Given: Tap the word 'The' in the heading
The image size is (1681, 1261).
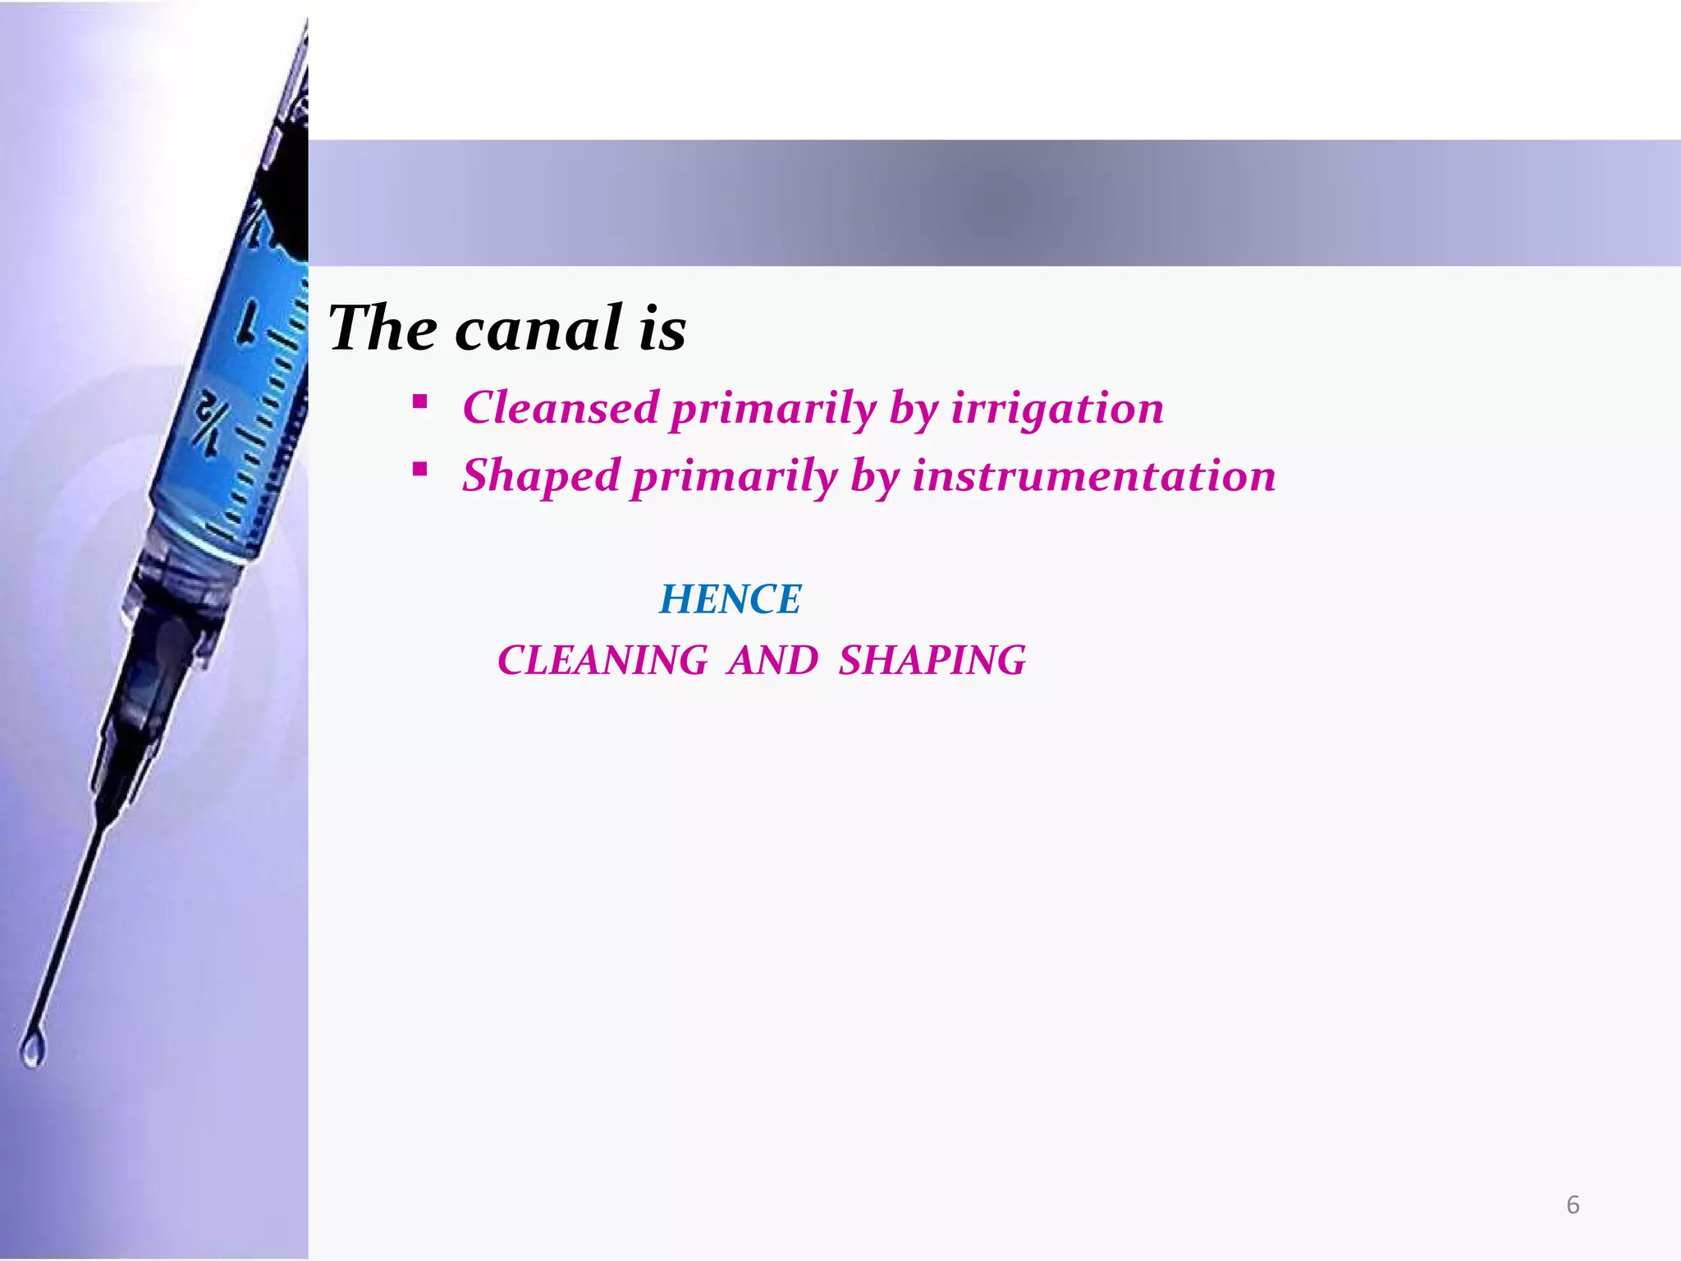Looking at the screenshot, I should tap(382, 328).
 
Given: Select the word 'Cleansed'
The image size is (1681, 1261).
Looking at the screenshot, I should tap(561, 407).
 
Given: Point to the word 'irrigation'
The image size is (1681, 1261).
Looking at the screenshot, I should tap(1057, 407).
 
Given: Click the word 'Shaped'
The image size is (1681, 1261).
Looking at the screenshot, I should tap(541, 475).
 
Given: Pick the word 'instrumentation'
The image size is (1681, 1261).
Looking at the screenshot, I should tap(1094, 475).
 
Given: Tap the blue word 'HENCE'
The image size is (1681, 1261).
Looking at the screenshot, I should tap(730, 598).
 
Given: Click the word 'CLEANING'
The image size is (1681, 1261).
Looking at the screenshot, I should tap(602, 660).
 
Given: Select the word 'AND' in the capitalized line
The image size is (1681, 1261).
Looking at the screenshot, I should tap(772, 660).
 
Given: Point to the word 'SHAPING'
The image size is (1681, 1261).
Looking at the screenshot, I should tap(932, 660).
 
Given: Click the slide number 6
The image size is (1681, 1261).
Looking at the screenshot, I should tap(1573, 1204).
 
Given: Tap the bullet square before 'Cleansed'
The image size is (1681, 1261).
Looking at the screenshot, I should tap(420, 402).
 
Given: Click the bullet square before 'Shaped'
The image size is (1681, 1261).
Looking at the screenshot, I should tap(420, 470).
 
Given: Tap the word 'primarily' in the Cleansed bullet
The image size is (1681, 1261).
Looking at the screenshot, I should tap(772, 409).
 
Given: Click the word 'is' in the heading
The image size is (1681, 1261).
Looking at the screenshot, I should tap(662, 328).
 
